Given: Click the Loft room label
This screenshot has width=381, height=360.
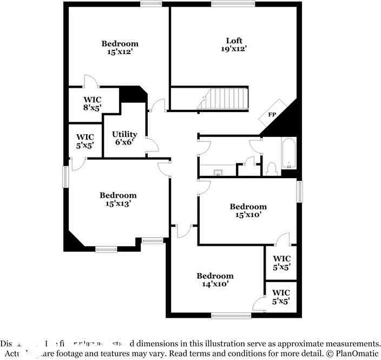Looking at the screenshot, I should pyautogui.click(x=234, y=41).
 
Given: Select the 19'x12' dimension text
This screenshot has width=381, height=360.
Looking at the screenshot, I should pyautogui.click(x=234, y=49).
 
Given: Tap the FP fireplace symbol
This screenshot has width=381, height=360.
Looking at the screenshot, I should pyautogui.click(x=272, y=115).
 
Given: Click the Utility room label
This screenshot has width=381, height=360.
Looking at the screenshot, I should pyautogui.click(x=124, y=134).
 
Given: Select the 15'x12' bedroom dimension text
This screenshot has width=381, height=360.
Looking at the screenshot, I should pyautogui.click(x=120, y=52).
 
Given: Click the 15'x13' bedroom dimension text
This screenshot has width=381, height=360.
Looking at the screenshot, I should pyautogui.click(x=117, y=204).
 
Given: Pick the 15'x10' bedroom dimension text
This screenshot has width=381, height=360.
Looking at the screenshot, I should pyautogui.click(x=248, y=214).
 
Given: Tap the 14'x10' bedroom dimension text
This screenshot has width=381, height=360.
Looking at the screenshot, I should pyautogui.click(x=215, y=284).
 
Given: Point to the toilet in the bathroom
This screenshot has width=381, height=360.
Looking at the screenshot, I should pyautogui.click(x=272, y=168).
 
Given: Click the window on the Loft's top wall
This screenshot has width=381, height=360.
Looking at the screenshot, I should pyautogui.click(x=233, y=4).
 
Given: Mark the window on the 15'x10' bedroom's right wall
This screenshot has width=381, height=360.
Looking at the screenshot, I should pyautogui.click(x=299, y=192).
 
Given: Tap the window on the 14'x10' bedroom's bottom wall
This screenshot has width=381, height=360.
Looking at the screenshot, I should pyautogui.click(x=231, y=316).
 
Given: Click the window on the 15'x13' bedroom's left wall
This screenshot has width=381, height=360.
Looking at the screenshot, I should pyautogui.click(x=66, y=176).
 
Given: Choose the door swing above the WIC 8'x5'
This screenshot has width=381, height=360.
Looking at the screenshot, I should pyautogui.click(x=90, y=81).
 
